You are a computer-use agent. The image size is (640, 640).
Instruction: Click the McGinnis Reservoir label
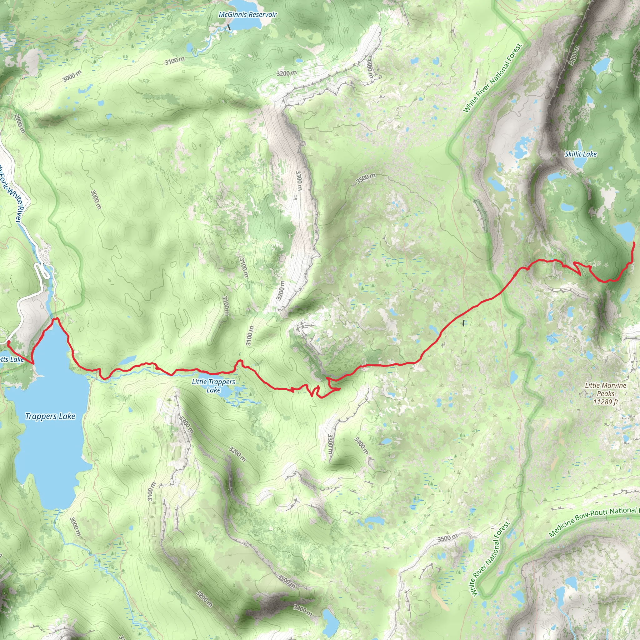(247, 15)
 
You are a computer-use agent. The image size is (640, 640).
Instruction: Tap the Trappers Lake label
(50, 416)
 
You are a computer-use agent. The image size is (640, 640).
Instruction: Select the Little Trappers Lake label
(213, 386)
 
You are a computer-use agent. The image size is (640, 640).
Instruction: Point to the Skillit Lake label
(580, 154)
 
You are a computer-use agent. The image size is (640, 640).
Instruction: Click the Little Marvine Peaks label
(605, 389)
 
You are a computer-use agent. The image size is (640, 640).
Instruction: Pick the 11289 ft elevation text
(606, 402)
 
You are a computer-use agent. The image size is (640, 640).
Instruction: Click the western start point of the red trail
(8, 342)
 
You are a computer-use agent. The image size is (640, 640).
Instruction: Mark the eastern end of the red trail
(633, 243)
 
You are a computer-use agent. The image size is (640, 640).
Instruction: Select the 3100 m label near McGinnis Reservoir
(175, 61)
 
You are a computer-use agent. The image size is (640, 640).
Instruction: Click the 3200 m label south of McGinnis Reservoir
(287, 73)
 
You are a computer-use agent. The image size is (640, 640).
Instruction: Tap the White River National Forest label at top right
(492, 78)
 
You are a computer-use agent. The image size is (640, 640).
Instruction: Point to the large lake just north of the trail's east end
(624, 231)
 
